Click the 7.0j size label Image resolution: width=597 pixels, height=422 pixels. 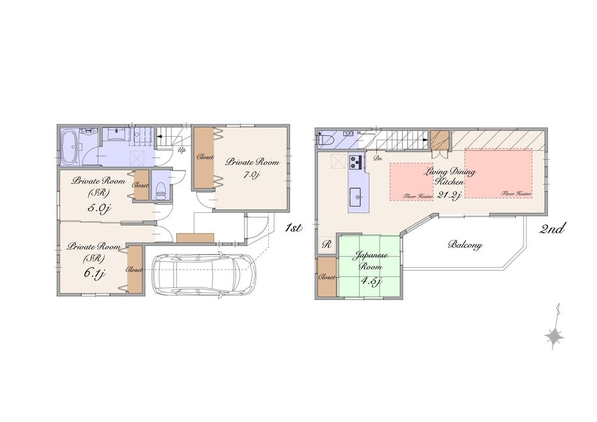tap(250, 175)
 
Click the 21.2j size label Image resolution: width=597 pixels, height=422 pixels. tap(449, 194)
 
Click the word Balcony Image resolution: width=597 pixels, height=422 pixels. tap(465, 245)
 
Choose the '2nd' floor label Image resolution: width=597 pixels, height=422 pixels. tap(553, 228)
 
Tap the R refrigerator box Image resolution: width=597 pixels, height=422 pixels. tap(327, 244)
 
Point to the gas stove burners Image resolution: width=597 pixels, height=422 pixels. tap(357, 162)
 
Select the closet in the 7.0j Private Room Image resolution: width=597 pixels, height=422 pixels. tap(203, 158)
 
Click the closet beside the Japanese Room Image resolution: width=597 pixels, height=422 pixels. tap(327, 277)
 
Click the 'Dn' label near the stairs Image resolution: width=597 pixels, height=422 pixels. tap(377, 159)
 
